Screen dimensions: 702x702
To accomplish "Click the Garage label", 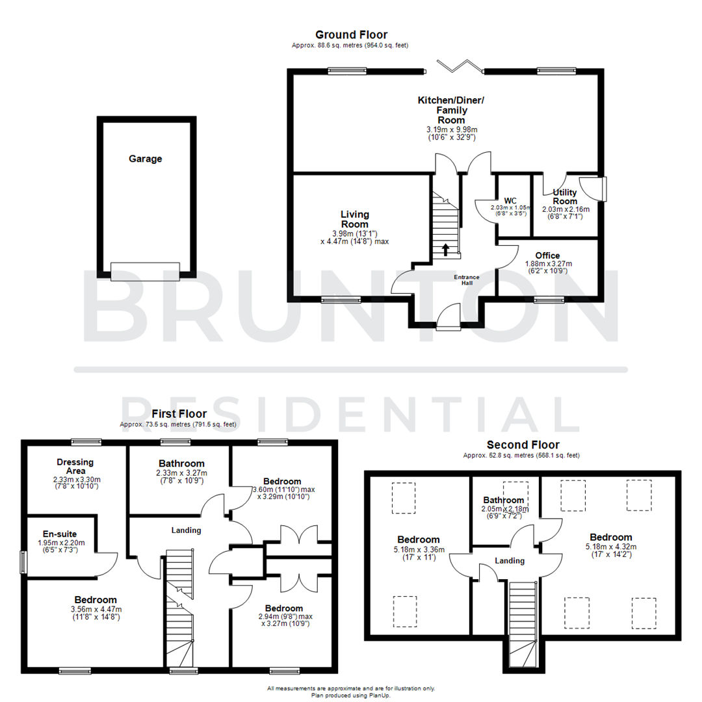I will coord(145,159).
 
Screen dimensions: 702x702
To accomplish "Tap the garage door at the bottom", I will coord(144,271).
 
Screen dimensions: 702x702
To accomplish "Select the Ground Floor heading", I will coord(351,34).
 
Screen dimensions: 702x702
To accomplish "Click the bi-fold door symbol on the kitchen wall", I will coord(460,66).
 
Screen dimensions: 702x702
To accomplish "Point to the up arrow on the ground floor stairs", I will coord(445,250).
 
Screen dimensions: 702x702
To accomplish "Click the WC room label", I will coord(510,200).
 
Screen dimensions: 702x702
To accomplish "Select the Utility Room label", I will coord(564,197).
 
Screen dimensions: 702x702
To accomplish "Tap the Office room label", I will coord(547,255).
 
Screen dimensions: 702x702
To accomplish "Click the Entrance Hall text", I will coord(467,280).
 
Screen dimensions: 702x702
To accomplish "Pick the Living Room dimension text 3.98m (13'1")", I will coord(355,233).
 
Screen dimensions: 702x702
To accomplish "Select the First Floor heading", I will coord(179,413).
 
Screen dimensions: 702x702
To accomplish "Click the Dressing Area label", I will coord(75,467).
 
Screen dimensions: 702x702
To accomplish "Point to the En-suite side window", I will coord(23,562).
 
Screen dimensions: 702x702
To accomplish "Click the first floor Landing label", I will coord(187,530).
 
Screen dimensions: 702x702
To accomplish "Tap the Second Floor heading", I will coord(523,445).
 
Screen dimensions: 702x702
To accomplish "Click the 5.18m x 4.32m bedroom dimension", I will coord(610,547).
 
